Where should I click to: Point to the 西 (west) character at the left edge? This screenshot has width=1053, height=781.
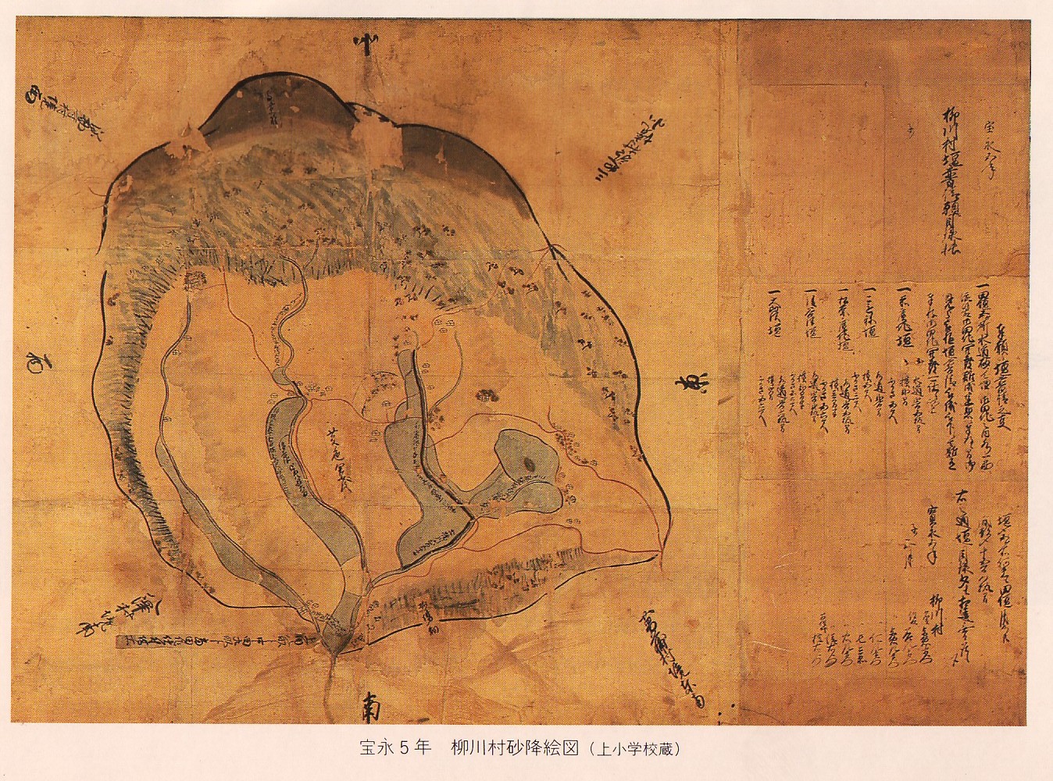(x=37, y=361)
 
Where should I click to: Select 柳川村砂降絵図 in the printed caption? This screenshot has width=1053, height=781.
(x=514, y=747)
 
